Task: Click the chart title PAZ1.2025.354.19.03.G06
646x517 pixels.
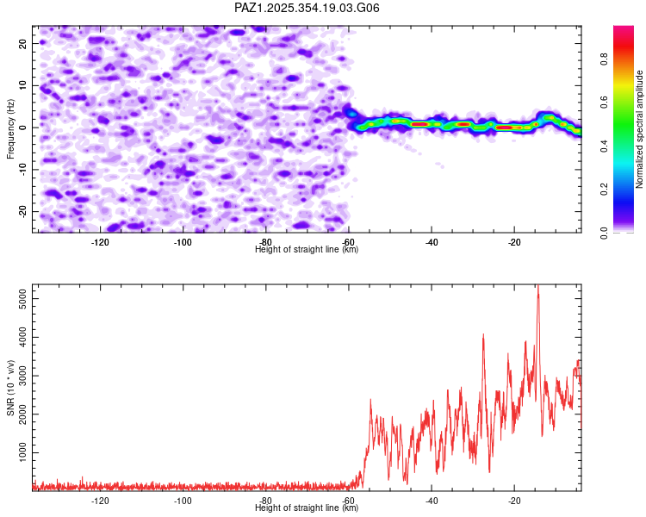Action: tap(307, 8)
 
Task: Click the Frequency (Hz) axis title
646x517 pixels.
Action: tap(10, 128)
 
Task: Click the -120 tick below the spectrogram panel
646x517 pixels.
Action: tap(100, 241)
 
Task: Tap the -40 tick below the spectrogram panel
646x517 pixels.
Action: tap(432, 241)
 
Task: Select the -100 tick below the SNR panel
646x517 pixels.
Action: tap(183, 500)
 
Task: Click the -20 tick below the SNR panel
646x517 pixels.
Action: tap(514, 500)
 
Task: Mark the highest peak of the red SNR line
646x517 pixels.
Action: tap(538, 286)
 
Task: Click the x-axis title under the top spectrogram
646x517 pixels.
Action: tap(307, 250)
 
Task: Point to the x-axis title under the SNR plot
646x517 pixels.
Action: tap(307, 508)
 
